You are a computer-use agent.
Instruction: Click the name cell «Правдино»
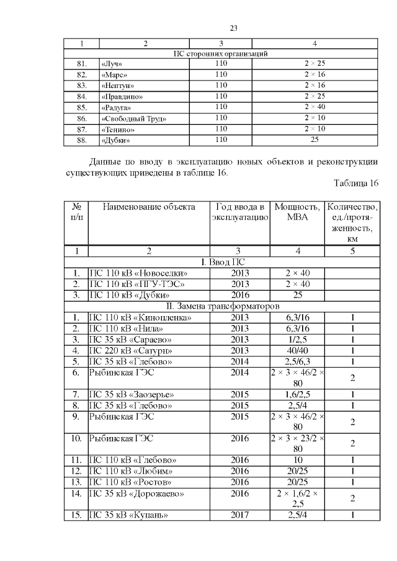pyautogui.click(x=122, y=97)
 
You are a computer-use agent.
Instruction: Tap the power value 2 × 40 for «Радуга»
pyautogui.click(x=314, y=107)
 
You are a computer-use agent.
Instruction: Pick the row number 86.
pyautogui.click(x=81, y=118)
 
